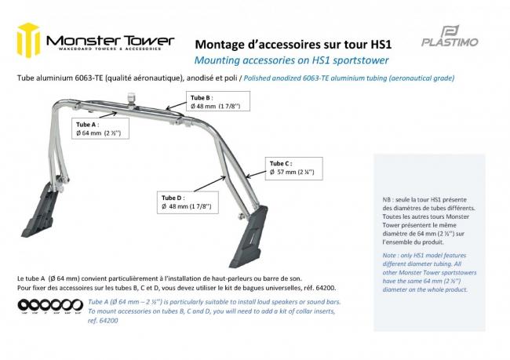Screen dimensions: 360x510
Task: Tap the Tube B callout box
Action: pyautogui.click(x=212, y=102)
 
